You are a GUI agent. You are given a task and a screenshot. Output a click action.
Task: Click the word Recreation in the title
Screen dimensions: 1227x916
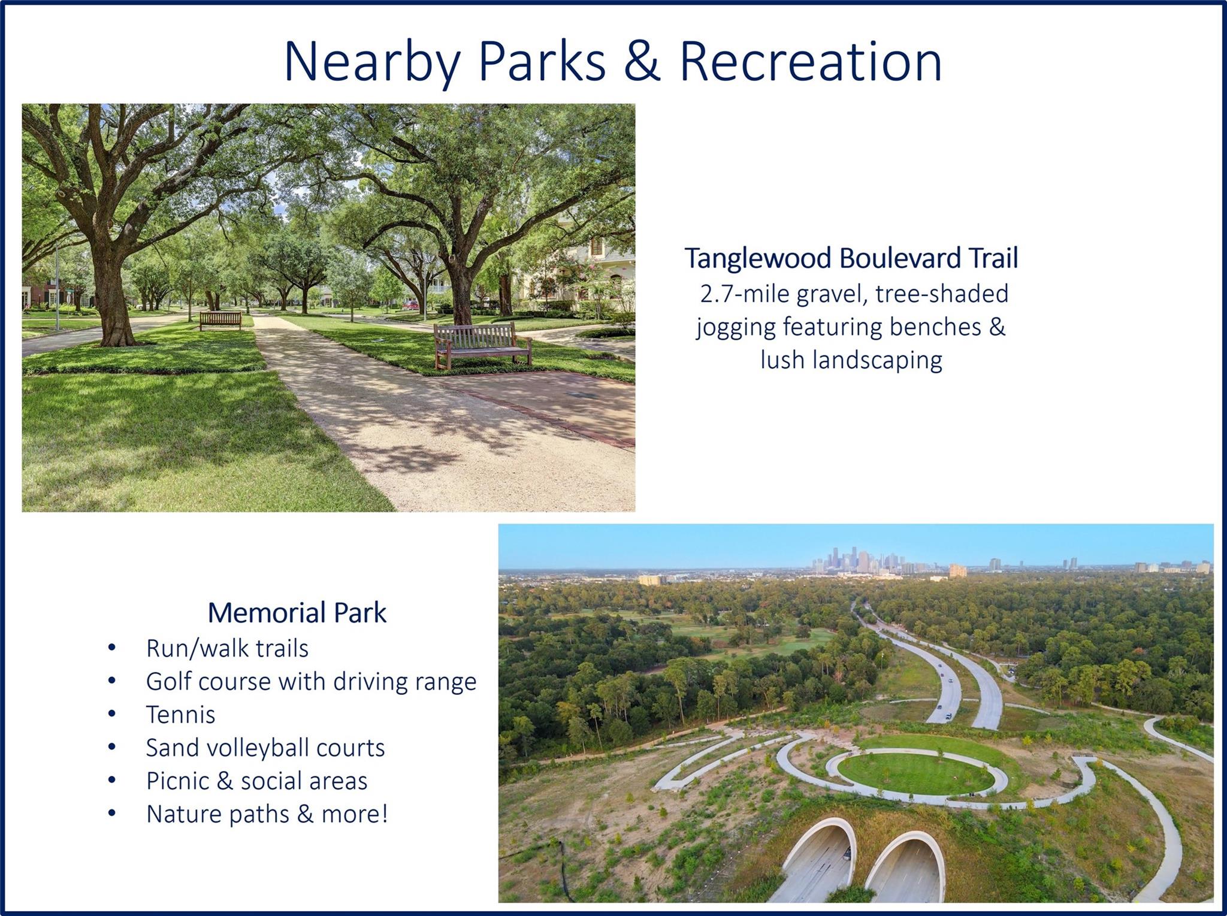[x=811, y=61]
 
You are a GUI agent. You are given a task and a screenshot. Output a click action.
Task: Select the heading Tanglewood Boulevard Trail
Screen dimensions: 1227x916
[x=851, y=258]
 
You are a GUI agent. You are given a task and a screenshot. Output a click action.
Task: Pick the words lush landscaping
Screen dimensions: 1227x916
[x=851, y=361]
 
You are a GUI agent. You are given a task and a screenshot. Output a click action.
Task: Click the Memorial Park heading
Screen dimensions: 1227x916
[x=297, y=612]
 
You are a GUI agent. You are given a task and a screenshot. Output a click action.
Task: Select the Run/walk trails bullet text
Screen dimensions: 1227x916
[x=227, y=648]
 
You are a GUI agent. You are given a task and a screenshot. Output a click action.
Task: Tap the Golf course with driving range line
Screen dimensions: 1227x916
[x=311, y=682]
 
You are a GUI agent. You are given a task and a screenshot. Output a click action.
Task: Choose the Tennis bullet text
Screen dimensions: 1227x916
[x=180, y=715]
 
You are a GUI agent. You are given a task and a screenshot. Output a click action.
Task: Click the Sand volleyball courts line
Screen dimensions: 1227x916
[x=265, y=748]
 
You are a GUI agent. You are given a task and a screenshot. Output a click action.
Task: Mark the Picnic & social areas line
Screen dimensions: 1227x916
[x=256, y=781]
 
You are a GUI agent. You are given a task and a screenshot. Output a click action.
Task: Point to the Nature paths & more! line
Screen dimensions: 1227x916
[x=267, y=814]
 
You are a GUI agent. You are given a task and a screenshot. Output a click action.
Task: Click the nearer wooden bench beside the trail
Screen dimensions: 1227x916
[x=482, y=346]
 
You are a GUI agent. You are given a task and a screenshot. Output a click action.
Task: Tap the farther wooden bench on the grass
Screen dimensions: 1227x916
[x=220, y=321]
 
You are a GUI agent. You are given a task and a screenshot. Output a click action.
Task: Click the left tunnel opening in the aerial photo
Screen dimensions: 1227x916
[x=815, y=863]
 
